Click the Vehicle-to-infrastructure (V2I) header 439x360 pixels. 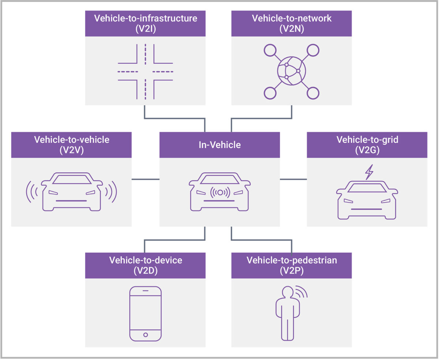[x=145, y=23]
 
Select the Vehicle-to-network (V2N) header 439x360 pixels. [x=292, y=23]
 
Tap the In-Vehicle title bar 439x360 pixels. [x=219, y=145]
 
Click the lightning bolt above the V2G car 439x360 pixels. [x=369, y=172]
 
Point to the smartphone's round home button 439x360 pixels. [x=146, y=335]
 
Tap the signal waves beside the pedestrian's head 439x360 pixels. [x=301, y=292]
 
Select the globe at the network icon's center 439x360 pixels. [x=292, y=71]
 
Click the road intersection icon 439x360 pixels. [x=145, y=71]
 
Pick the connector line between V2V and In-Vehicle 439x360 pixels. [x=145, y=179]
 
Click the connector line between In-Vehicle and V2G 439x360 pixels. [x=293, y=179]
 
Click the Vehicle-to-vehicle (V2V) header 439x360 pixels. [x=71, y=145]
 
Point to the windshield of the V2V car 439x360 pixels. [x=71, y=179]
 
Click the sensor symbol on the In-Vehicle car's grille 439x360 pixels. [x=220, y=192]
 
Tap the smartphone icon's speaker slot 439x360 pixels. [x=146, y=291]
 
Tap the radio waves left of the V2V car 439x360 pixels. [x=32, y=192]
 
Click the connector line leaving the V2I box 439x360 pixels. [x=145, y=112]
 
